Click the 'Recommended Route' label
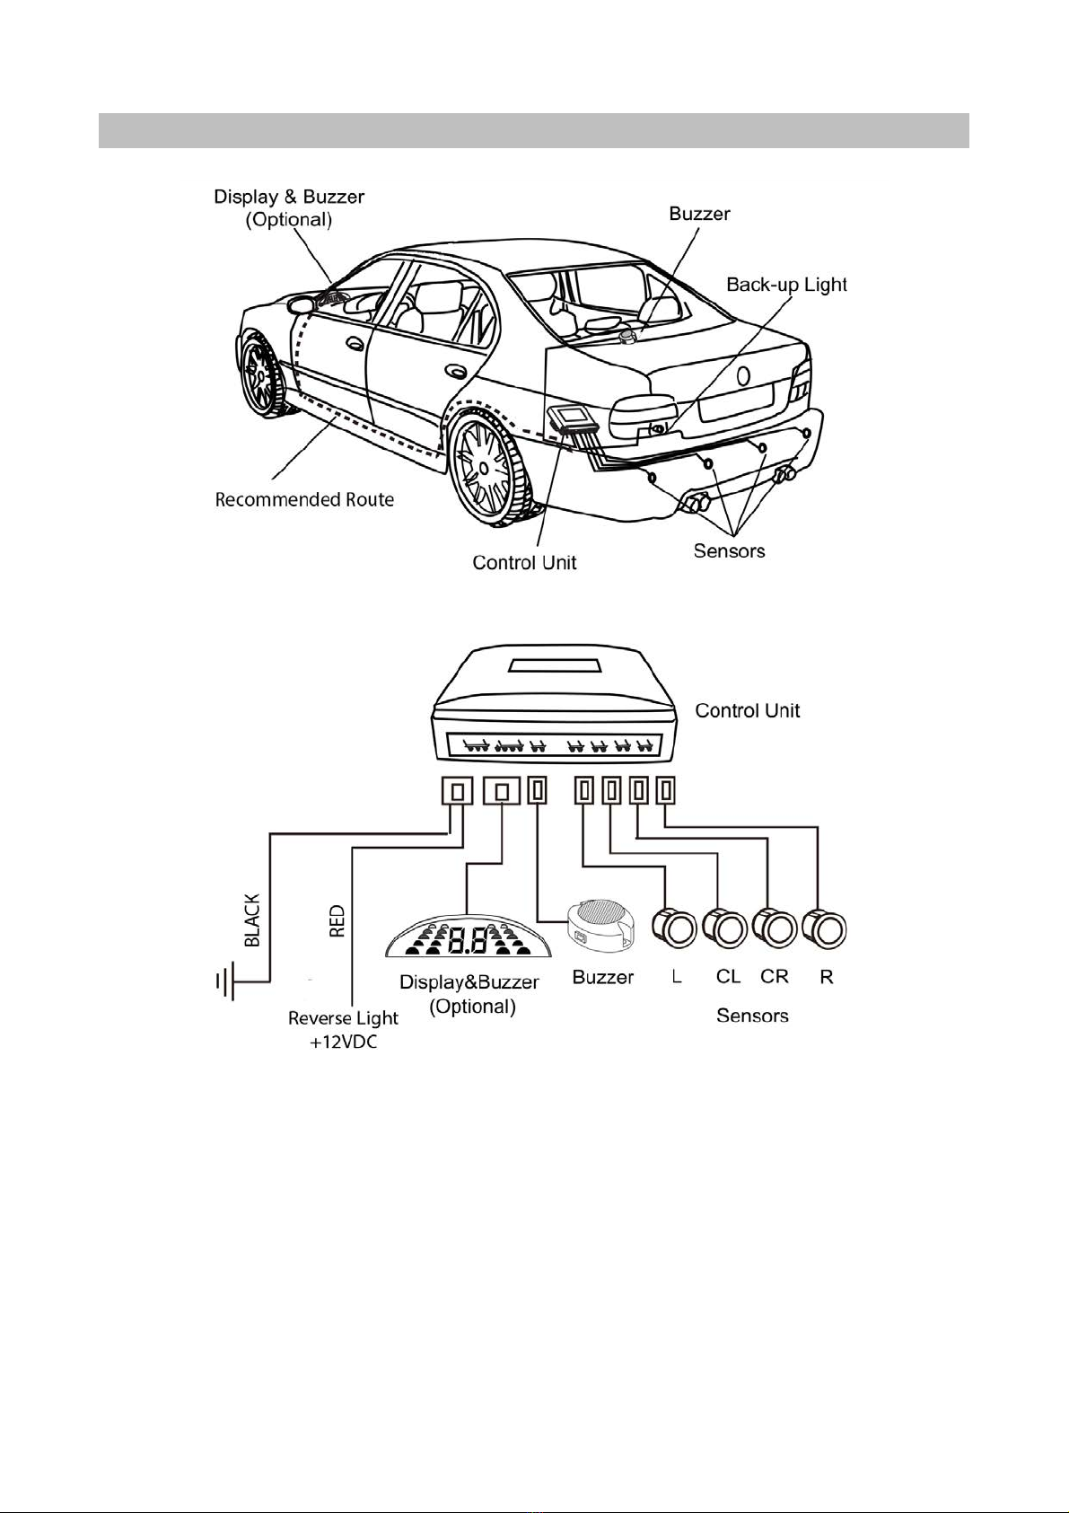(x=304, y=500)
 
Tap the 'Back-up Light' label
(x=787, y=285)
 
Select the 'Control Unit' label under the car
(x=524, y=563)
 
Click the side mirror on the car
(x=302, y=303)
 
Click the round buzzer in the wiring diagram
(x=600, y=925)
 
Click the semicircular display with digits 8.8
(x=468, y=937)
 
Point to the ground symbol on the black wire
(x=225, y=981)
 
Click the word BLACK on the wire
(x=252, y=920)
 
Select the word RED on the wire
(x=337, y=921)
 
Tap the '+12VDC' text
(x=344, y=1042)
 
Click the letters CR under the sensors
(x=774, y=977)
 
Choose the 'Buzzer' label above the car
(x=699, y=214)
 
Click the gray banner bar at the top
(x=534, y=130)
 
